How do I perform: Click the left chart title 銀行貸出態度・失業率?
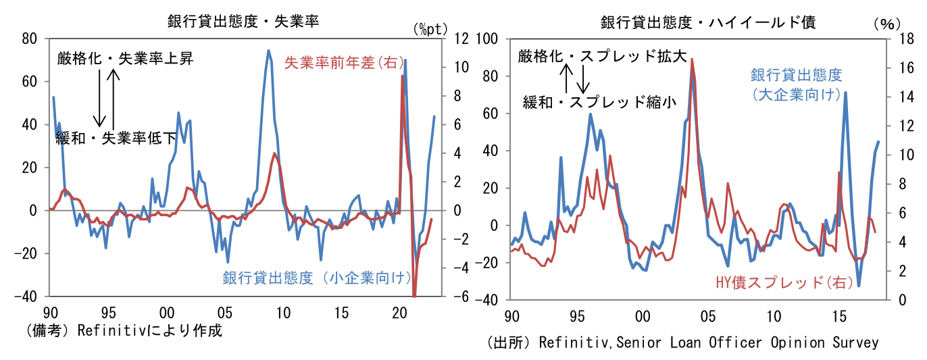[243, 22]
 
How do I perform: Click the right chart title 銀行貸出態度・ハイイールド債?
[709, 22]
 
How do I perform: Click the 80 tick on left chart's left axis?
[28, 38]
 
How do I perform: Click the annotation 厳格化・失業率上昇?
[126, 59]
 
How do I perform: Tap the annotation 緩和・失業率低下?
[116, 138]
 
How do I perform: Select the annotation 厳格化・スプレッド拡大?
[602, 57]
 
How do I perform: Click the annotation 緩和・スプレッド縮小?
[599, 102]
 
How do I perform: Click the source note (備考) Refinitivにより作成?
[124, 332]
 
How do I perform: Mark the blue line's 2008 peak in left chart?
[268, 50]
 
